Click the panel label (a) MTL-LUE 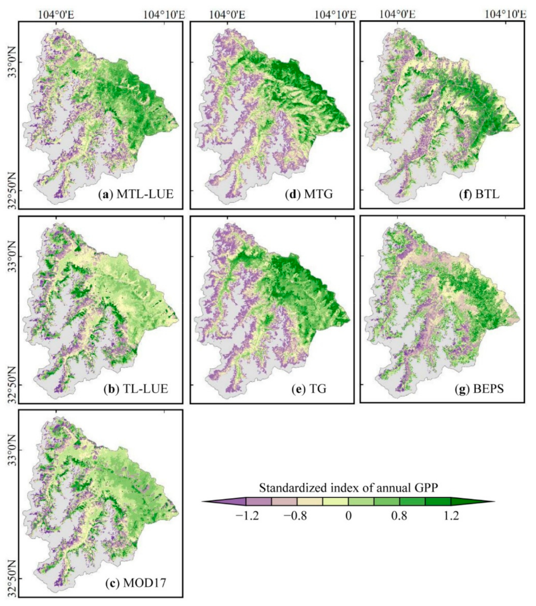135,194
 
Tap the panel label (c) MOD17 136,582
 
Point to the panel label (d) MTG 309,194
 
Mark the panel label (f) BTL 479,194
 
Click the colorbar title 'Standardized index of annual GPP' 348,488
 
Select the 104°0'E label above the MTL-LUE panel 56,15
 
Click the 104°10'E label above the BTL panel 505,15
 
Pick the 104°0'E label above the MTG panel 227,15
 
